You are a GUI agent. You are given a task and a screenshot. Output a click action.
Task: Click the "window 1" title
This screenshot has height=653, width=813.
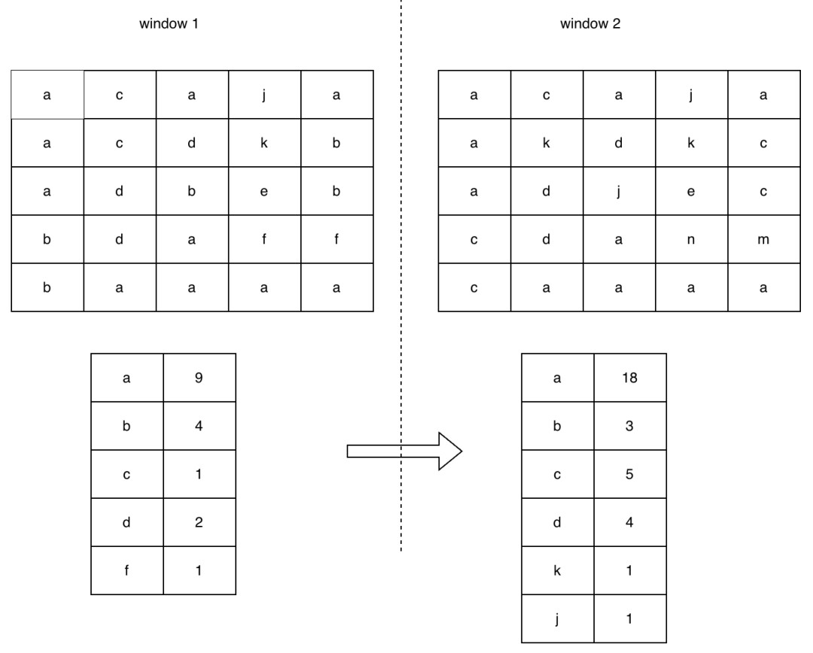click(x=169, y=24)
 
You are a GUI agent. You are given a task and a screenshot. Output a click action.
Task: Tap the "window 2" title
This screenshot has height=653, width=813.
click(x=590, y=24)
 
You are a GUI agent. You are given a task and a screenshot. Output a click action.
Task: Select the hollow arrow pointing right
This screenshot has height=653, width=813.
click(x=404, y=451)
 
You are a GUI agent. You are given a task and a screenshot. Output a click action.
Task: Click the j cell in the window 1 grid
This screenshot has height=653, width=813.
click(x=264, y=95)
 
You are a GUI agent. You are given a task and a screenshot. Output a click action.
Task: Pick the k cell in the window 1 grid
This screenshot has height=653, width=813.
click(x=264, y=143)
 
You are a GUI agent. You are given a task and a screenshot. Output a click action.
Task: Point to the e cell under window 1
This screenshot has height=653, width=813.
click(x=264, y=191)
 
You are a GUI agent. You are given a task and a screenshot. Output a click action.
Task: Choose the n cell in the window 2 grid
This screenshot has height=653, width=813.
click(x=691, y=239)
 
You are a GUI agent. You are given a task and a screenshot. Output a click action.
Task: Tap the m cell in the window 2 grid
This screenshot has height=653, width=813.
click(x=764, y=239)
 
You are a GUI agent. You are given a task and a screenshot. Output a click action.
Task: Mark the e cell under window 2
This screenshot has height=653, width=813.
click(x=691, y=191)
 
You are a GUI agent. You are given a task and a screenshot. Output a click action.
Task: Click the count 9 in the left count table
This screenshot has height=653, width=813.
click(x=199, y=378)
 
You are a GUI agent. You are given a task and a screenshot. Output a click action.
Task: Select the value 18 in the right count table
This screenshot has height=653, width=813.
click(x=630, y=378)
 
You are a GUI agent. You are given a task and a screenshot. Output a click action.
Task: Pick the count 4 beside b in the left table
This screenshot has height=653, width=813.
click(x=199, y=426)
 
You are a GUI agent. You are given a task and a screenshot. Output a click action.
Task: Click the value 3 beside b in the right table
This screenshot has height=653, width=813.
click(x=630, y=426)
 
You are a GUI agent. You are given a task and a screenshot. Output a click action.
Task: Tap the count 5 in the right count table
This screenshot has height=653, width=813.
click(x=630, y=474)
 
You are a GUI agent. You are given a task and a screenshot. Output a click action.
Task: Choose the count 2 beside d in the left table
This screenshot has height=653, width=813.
click(x=199, y=522)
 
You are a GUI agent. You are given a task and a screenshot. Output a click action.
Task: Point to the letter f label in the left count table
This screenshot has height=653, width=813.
click(x=126, y=570)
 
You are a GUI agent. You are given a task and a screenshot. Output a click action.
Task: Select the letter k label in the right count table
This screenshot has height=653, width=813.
click(x=557, y=570)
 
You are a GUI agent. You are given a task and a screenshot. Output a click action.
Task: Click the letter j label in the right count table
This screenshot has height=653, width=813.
click(x=557, y=619)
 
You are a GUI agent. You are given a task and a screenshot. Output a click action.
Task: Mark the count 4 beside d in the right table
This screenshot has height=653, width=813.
click(x=630, y=522)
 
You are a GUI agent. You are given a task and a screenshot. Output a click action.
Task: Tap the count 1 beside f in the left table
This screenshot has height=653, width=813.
click(x=199, y=570)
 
